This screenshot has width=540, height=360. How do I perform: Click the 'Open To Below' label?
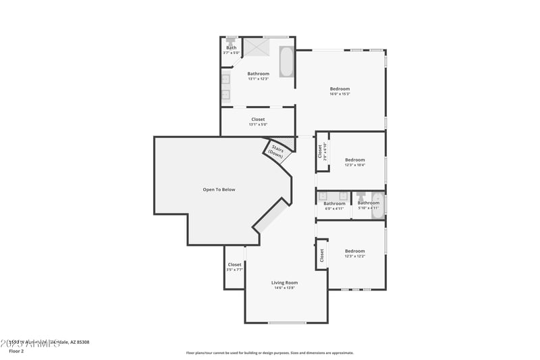(219, 190)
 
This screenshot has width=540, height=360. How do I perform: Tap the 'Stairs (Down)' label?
(276, 151)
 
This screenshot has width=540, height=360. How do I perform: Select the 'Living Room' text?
(284, 282)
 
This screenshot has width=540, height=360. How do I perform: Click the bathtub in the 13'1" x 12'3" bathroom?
(286, 62)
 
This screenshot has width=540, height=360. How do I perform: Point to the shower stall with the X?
(256, 47)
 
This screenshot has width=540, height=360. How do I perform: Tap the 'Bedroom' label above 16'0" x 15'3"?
(340, 89)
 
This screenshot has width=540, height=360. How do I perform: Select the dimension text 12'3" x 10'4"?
(355, 165)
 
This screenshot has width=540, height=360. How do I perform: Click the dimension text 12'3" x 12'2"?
(355, 256)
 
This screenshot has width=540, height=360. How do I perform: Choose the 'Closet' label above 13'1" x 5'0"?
(258, 120)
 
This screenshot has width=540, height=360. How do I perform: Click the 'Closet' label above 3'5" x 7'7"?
(234, 265)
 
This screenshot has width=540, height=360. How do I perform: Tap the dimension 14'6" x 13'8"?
(284, 288)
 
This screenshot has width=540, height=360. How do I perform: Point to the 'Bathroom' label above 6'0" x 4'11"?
(334, 203)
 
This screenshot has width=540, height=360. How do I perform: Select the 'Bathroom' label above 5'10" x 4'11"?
(368, 203)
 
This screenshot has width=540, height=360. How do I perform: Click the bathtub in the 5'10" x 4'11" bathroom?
(379, 206)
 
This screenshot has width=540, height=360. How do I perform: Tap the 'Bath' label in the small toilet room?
(232, 48)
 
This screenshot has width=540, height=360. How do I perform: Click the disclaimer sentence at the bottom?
(270, 353)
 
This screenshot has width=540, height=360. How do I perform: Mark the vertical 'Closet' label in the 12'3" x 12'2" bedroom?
(322, 255)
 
